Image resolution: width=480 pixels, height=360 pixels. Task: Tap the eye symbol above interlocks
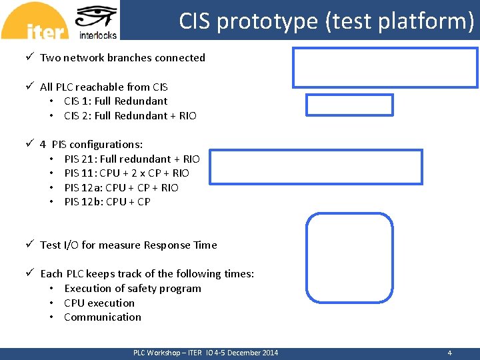point(97,16)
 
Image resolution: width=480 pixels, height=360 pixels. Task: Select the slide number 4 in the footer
point(449,353)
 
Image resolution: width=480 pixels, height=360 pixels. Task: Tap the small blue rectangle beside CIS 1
point(349,105)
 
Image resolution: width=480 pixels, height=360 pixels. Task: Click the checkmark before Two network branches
point(30,57)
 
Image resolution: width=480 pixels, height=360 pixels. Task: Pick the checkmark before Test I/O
point(30,245)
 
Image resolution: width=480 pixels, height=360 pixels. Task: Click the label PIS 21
point(79,159)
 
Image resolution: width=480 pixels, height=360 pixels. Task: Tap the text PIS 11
point(79,173)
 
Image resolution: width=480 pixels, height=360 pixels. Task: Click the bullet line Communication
point(103,317)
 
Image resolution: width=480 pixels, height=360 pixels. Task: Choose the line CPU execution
point(99,303)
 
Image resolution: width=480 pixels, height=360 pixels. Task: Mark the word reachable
point(103,87)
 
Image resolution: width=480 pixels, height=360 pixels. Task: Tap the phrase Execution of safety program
point(132,289)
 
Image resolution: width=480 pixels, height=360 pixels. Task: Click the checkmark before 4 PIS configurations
point(30,144)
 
